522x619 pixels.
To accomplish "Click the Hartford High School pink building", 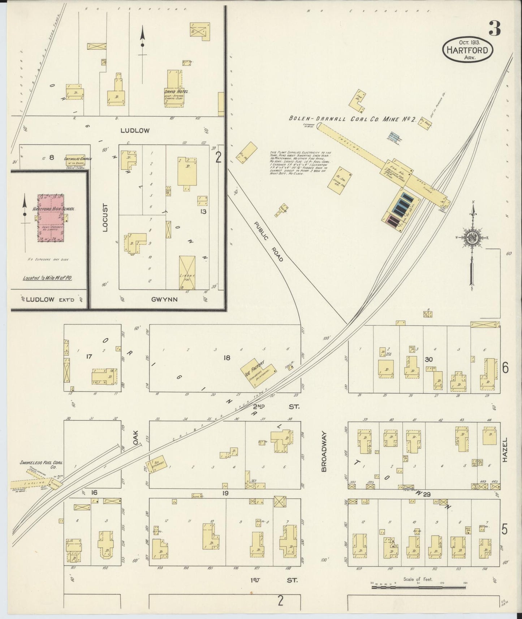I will tap(51, 218).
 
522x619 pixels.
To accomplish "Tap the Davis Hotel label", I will tap(177, 91).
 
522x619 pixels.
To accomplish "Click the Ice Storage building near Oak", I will tap(156, 463).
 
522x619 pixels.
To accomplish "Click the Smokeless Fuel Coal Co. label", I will tap(38, 464).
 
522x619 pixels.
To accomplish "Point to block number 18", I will tap(227, 358).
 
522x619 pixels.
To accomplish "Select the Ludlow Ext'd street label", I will tap(50, 299).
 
